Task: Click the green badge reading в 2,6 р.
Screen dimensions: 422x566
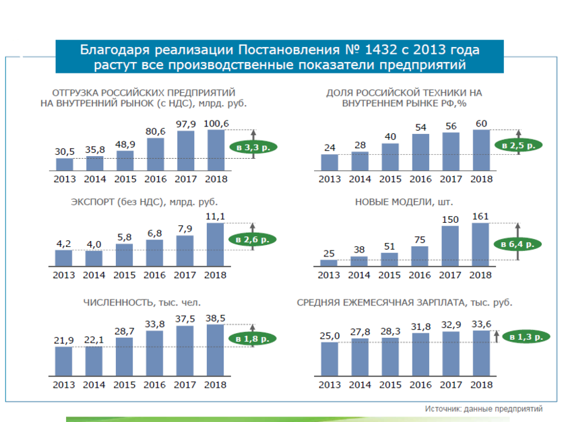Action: pyautogui.click(x=253, y=238)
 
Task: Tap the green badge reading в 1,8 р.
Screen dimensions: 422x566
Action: pyautogui.click(x=253, y=339)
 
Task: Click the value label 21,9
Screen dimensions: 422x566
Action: pyautogui.click(x=64, y=340)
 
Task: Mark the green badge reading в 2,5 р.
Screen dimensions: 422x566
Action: pyautogui.click(x=518, y=144)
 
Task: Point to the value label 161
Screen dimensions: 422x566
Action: pyautogui.click(x=482, y=216)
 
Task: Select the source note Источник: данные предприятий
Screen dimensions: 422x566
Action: pyautogui.click(x=482, y=409)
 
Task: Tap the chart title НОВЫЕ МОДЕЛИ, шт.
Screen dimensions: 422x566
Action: pyautogui.click(x=404, y=201)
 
